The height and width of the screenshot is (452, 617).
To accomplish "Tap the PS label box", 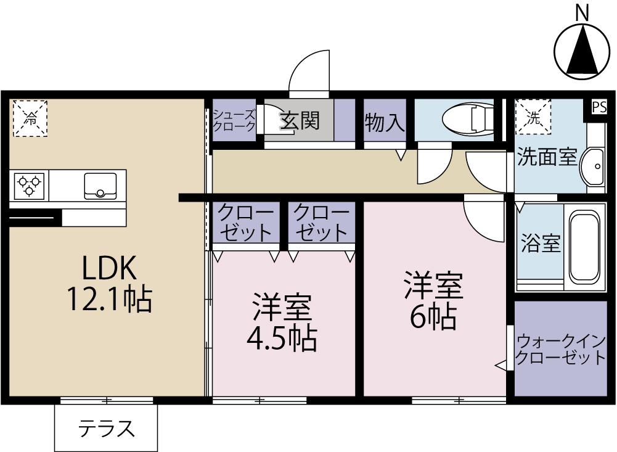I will [599, 107].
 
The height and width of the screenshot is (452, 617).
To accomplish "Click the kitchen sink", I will [99, 185].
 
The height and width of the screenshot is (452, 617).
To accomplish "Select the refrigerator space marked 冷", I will [30, 118].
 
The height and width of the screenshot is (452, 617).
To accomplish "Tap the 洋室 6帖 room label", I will [433, 302].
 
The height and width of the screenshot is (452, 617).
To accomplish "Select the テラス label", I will [106, 428].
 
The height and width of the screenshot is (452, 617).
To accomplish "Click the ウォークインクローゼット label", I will [560, 349].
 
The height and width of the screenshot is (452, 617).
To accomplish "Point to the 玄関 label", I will [300, 120].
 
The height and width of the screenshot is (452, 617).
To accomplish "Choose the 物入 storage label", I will [385, 122].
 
